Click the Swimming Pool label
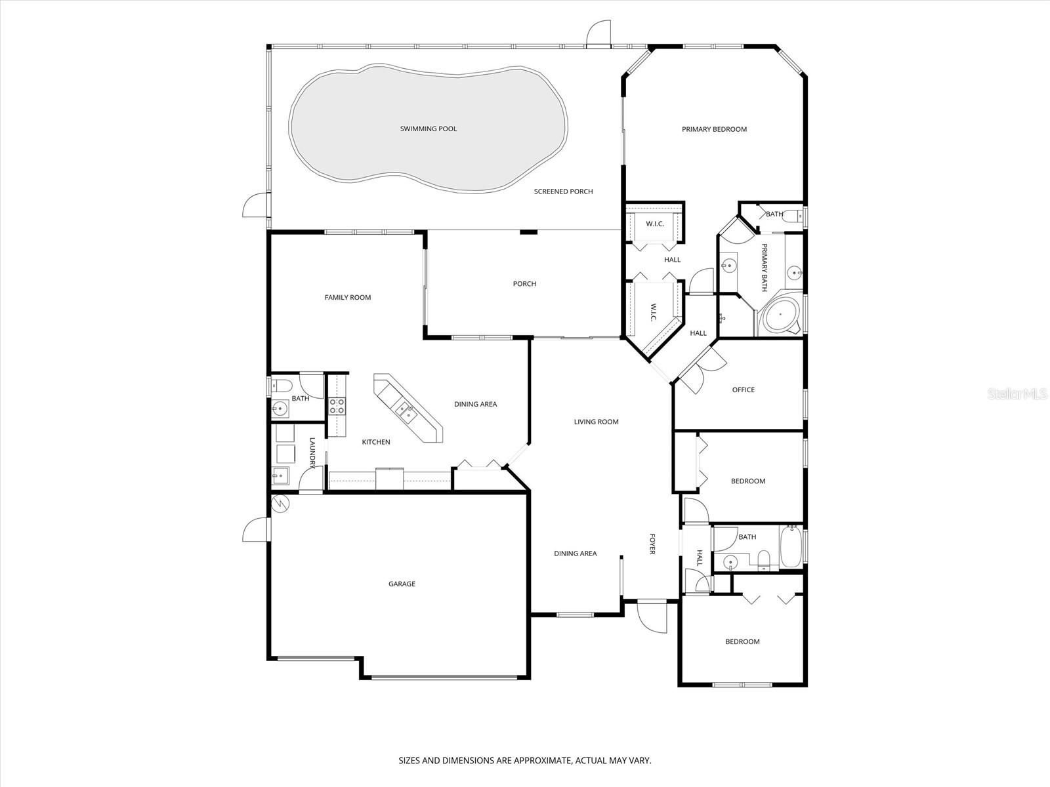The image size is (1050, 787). click(429, 129)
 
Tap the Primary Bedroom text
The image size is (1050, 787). click(714, 129)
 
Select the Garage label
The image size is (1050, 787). click(402, 584)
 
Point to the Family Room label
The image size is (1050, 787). click(348, 297)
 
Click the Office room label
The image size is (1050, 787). click(744, 390)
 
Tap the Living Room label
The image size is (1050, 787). click(596, 422)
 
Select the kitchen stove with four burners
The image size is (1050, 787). click(337, 406)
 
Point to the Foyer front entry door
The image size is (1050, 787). click(652, 617)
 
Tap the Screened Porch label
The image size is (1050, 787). click(563, 192)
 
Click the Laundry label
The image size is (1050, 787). click(312, 453)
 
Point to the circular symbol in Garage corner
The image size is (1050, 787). click(280, 504)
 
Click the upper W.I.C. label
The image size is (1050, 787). click(655, 224)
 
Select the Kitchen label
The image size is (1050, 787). click(376, 442)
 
